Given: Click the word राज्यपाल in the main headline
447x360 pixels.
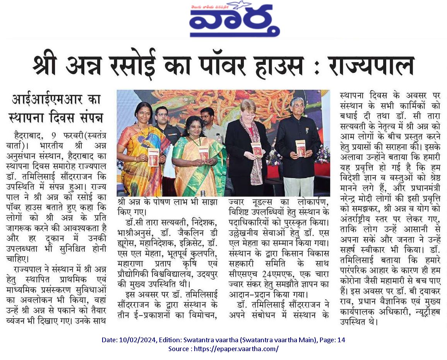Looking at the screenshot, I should tap(371, 67).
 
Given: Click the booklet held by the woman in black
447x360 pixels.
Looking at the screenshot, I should tap(256, 150).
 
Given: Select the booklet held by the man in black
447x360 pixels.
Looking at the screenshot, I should tap(300, 148).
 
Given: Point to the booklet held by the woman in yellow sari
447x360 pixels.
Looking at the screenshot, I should tap(154, 156).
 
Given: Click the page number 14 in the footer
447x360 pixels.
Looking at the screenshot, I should tap(341, 340).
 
